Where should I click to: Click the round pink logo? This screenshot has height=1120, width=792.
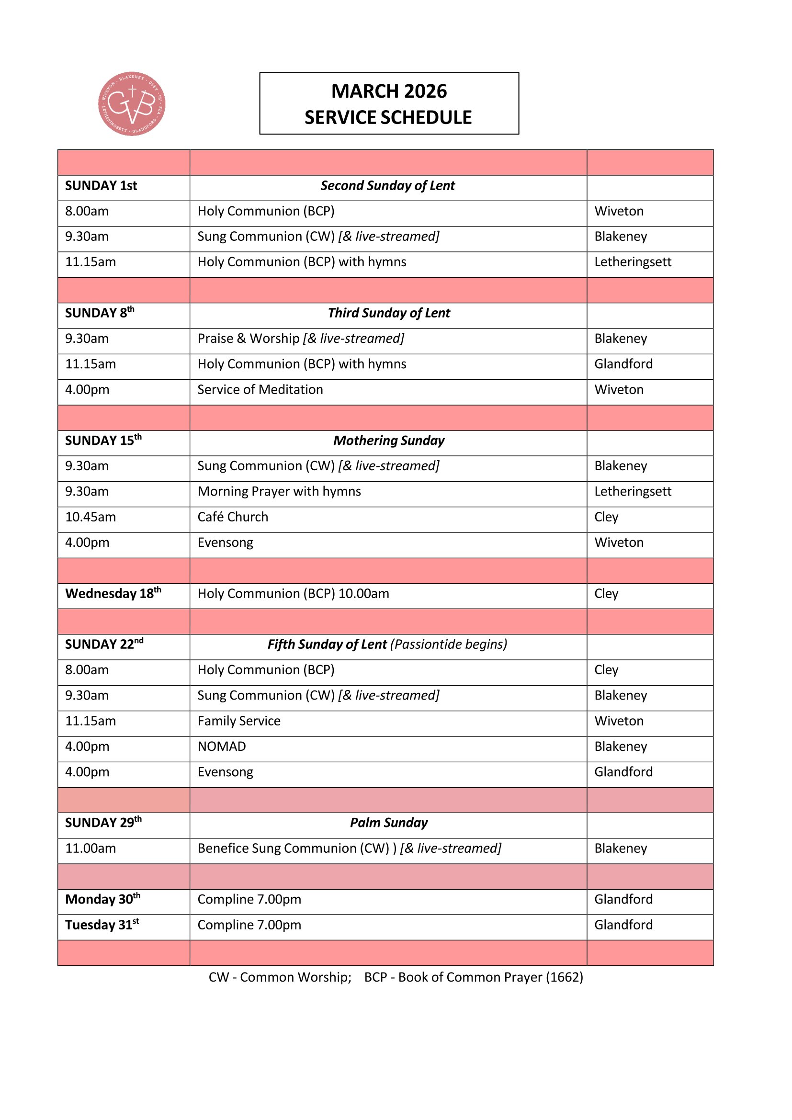132,104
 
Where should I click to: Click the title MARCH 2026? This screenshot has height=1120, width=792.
389,91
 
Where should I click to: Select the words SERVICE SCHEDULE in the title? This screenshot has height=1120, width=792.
388,118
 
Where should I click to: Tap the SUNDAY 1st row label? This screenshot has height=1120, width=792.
101,186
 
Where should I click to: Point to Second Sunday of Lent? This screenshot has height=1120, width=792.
388,186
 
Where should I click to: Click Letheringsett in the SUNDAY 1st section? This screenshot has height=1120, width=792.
633,262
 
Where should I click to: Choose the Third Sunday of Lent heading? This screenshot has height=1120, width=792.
389,313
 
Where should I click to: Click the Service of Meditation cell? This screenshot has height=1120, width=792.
260,390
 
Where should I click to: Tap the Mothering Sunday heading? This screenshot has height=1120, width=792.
389,441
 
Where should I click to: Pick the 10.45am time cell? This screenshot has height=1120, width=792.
91,517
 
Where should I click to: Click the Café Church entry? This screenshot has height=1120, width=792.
233,517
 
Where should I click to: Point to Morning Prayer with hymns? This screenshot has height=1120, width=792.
279,492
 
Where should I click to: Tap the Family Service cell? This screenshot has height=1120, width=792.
239,721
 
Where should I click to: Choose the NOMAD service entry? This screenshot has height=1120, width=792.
221,747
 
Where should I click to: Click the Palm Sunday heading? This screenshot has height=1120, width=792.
389,823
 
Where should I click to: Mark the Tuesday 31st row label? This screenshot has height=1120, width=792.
102,925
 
